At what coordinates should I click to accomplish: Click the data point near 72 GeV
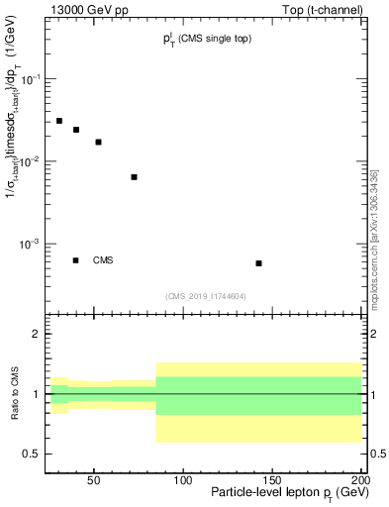[134, 177]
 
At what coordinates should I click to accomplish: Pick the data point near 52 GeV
[98, 142]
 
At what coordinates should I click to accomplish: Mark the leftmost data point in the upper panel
[59, 121]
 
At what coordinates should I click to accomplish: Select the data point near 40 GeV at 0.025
[76, 130]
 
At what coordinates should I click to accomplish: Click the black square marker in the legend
[76, 260]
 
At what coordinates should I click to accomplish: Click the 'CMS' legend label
[103, 260]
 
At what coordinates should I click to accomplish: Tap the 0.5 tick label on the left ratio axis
[33, 454]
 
